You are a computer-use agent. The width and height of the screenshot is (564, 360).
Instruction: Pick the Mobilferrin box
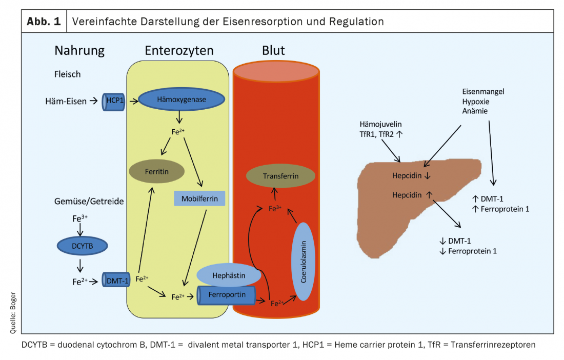point(199,197)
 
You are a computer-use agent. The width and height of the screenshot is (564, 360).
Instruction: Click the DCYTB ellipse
point(82,246)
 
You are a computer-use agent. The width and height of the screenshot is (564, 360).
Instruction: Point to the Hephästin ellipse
point(229,275)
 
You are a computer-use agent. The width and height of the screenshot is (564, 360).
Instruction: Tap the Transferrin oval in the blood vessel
point(280,175)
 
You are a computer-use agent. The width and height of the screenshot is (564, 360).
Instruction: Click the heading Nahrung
point(79,50)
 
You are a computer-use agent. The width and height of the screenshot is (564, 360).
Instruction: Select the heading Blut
point(273,50)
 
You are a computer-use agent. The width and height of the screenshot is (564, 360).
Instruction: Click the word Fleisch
point(68,74)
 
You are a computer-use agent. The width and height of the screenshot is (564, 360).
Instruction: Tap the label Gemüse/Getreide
point(89,201)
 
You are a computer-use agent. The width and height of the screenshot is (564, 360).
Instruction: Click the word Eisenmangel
point(483,91)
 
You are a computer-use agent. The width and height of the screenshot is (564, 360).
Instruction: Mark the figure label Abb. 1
point(43,22)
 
